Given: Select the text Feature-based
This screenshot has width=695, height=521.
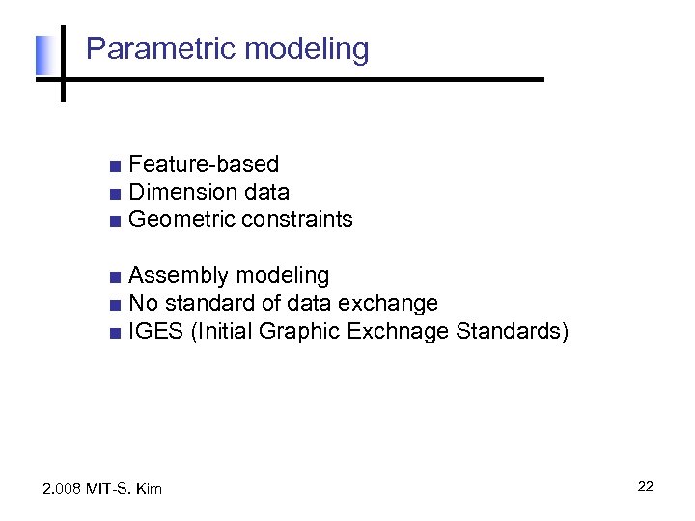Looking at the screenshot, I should [204, 165].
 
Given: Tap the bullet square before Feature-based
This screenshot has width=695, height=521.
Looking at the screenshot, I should [115, 166].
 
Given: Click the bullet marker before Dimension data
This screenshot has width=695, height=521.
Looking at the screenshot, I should [115, 194].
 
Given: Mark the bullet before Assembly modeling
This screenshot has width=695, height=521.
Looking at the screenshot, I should [115, 278].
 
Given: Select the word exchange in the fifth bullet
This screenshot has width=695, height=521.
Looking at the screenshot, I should [394, 304].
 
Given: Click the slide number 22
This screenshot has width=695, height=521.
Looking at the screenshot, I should [645, 486].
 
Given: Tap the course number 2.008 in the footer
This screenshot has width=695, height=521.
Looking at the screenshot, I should [63, 489].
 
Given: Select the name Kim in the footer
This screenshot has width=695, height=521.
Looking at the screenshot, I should [149, 489].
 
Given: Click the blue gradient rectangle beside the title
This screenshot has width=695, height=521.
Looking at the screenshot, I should [42, 56].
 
